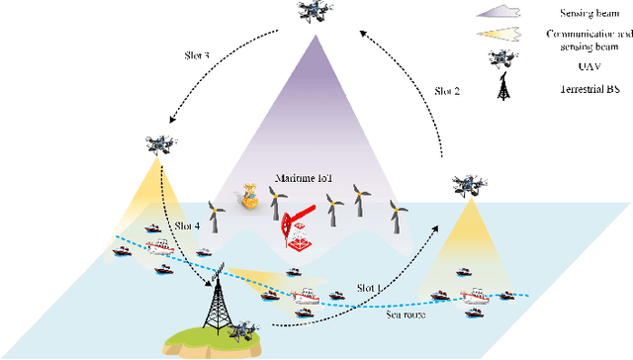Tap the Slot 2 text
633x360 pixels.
tap(447, 90)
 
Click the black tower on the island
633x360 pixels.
tap(212, 296)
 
